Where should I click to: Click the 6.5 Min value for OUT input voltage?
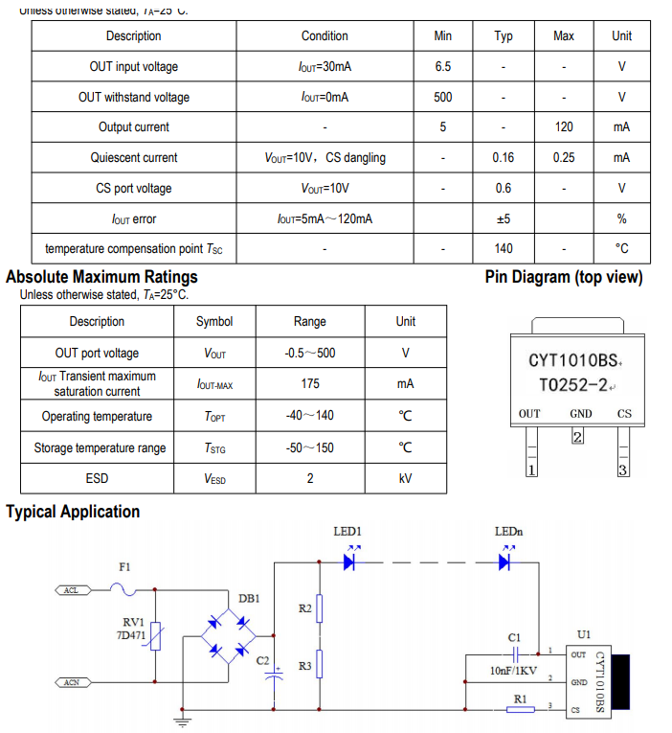(442, 67)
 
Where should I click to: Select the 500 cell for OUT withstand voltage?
(442, 97)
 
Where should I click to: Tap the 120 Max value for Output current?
(564, 127)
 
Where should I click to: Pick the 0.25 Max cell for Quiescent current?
(564, 158)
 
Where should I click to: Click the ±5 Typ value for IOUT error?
(504, 219)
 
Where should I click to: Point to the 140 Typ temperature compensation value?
(504, 248)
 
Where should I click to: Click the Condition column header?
(325, 36)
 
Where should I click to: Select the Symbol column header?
(214, 322)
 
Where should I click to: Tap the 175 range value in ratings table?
(309, 384)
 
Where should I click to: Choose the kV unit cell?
(406, 478)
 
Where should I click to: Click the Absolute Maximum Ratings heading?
(101, 278)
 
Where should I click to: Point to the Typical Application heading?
(73, 512)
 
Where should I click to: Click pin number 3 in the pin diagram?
(622, 470)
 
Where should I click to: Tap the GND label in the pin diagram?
(580, 414)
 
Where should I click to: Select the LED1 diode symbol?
(349, 562)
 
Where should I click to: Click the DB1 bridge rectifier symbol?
(227, 635)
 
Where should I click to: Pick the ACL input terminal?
(71, 590)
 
